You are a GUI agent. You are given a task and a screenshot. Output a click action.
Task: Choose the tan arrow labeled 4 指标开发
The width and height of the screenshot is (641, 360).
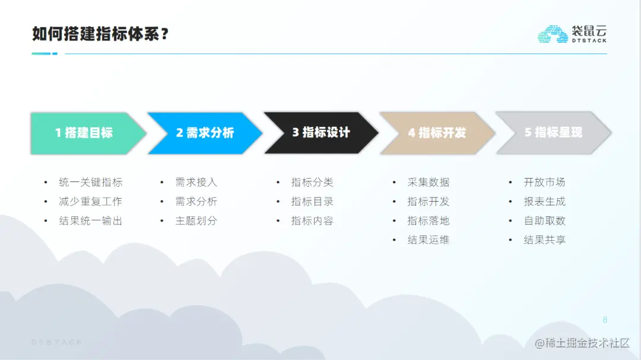click(437, 133)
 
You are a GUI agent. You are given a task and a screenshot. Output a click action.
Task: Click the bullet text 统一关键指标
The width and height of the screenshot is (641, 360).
click(91, 182)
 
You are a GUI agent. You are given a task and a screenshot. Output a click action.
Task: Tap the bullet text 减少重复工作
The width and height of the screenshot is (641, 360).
click(91, 202)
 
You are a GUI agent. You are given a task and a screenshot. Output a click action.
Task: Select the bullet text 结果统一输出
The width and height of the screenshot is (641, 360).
click(91, 221)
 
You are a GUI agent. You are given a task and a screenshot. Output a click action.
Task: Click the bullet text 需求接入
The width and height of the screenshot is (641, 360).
click(196, 182)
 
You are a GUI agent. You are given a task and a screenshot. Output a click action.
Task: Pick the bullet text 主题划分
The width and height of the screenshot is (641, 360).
click(196, 221)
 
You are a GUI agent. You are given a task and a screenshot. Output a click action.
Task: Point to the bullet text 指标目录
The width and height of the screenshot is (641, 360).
click(312, 202)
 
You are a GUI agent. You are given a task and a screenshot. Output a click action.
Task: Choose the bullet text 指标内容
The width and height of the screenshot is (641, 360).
click(312, 221)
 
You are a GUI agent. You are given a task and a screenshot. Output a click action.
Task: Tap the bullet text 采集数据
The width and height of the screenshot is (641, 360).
click(429, 182)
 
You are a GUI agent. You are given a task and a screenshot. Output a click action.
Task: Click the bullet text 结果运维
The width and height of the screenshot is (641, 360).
click(429, 240)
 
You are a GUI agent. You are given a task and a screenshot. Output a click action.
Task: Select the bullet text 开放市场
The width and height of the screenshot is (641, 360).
click(544, 182)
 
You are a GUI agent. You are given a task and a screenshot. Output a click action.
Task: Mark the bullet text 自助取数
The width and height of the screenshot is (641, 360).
click(544, 221)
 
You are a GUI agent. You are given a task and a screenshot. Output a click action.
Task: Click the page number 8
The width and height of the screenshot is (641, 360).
click(605, 320)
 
